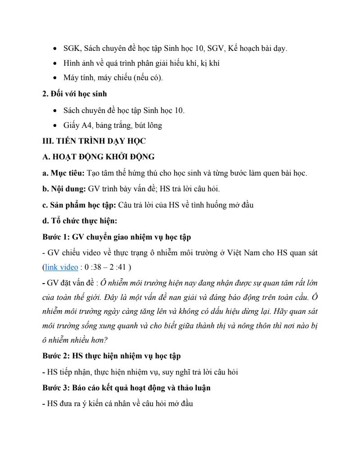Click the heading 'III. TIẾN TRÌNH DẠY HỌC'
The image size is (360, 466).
(x=94, y=141)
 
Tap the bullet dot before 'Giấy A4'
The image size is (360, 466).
(x=55, y=126)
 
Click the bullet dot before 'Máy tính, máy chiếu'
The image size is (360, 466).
(x=55, y=78)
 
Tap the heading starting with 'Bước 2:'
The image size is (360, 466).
(x=112, y=356)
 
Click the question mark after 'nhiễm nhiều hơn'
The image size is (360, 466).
(x=105, y=341)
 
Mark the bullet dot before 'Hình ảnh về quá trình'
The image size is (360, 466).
(x=55, y=63)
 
